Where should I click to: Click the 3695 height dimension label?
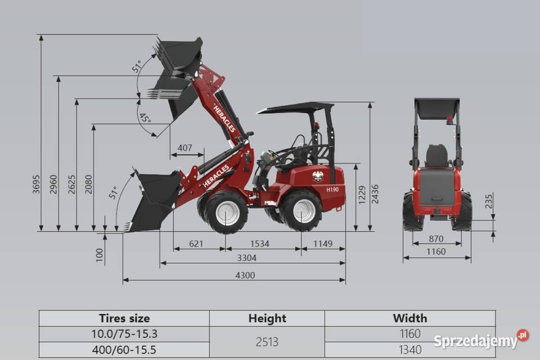[36, 184]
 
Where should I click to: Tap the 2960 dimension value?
[54, 184]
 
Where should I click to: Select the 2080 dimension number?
[89, 184]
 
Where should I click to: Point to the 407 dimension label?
[185, 148]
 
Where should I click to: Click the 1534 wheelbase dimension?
[260, 244]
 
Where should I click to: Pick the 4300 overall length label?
[245, 275]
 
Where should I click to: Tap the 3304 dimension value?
[246, 258]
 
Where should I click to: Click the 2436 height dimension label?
[375, 194]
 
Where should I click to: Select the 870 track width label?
[436, 238]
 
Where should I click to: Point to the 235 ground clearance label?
[489, 201]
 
